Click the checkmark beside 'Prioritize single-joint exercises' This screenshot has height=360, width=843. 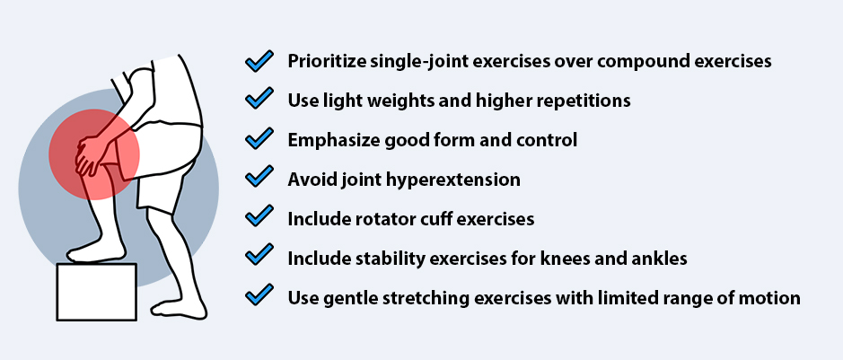259,61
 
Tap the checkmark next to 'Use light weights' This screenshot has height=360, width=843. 259,100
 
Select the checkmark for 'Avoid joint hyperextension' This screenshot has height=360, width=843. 259,179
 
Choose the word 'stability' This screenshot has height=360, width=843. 388,259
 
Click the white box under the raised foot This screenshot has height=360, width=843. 96,292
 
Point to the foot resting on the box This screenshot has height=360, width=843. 95,252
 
